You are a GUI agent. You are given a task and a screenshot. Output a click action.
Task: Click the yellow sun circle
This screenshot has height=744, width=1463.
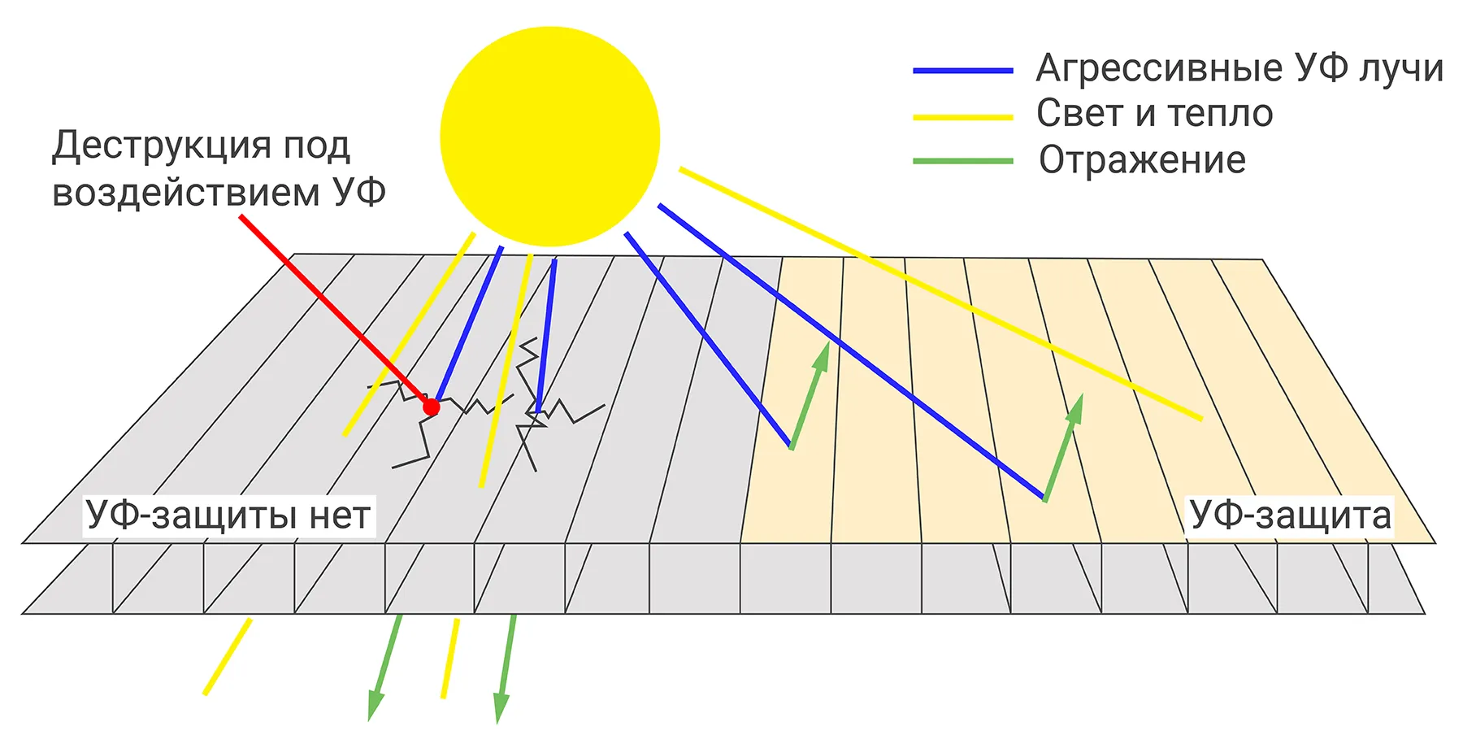[x=549, y=137]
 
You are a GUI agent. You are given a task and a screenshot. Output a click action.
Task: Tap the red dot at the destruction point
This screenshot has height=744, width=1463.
[x=432, y=407]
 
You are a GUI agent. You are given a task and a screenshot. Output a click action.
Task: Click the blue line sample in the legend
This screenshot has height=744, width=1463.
[x=963, y=71]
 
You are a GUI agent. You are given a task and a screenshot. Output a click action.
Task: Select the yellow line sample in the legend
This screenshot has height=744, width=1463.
[x=963, y=117]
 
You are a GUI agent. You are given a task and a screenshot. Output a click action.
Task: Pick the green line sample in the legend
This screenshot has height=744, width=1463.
[x=963, y=161]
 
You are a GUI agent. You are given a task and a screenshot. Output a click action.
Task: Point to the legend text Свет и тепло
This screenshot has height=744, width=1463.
[x=1154, y=114]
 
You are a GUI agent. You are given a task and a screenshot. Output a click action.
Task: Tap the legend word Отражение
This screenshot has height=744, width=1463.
[x=1142, y=160]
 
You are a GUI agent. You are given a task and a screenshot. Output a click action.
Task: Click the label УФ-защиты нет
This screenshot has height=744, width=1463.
[x=228, y=516]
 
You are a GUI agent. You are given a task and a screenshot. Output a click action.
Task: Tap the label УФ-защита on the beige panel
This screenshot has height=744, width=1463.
[x=1290, y=516]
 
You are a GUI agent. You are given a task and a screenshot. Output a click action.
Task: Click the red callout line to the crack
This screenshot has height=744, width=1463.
[x=333, y=309]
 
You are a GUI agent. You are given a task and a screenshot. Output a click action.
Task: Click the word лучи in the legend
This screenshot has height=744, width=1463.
[x=1401, y=68]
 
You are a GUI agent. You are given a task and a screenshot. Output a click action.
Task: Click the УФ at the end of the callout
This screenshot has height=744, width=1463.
[x=358, y=194]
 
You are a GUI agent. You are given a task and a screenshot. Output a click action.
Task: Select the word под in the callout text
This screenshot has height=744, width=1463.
[x=316, y=146]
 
